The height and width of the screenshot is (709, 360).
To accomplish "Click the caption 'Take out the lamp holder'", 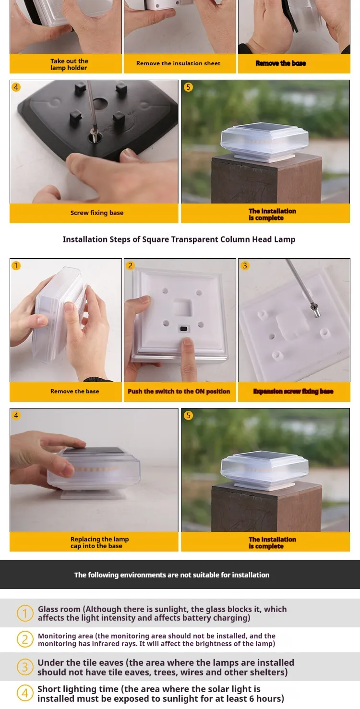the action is click(69, 64).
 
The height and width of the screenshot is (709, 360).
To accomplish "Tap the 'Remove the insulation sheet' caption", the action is click(178, 63).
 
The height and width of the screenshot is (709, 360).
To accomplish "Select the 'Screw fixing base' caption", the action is click(97, 213).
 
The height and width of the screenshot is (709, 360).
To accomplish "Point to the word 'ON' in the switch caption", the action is click(200, 391).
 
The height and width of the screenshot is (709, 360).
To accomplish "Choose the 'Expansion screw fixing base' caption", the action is click(293, 391).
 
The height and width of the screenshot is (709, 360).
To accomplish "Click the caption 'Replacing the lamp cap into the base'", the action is click(99, 542).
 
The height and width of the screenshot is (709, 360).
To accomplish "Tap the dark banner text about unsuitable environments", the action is click(172, 575).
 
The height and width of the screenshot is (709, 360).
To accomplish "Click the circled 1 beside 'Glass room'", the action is click(25, 613).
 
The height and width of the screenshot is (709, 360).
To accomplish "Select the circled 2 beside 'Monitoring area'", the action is click(25, 640).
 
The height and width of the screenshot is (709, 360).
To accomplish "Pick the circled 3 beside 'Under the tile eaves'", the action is click(25, 667).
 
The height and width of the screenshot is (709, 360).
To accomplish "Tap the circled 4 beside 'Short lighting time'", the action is click(25, 693).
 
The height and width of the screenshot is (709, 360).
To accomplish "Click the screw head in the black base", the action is click(94, 132).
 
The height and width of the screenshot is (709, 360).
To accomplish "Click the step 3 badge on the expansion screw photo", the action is click(245, 265).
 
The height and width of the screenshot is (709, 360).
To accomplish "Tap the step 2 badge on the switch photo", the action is click(130, 265).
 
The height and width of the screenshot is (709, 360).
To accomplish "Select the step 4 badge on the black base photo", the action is click(16, 87).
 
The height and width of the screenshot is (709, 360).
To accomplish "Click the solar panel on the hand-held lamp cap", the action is click(93, 451).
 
